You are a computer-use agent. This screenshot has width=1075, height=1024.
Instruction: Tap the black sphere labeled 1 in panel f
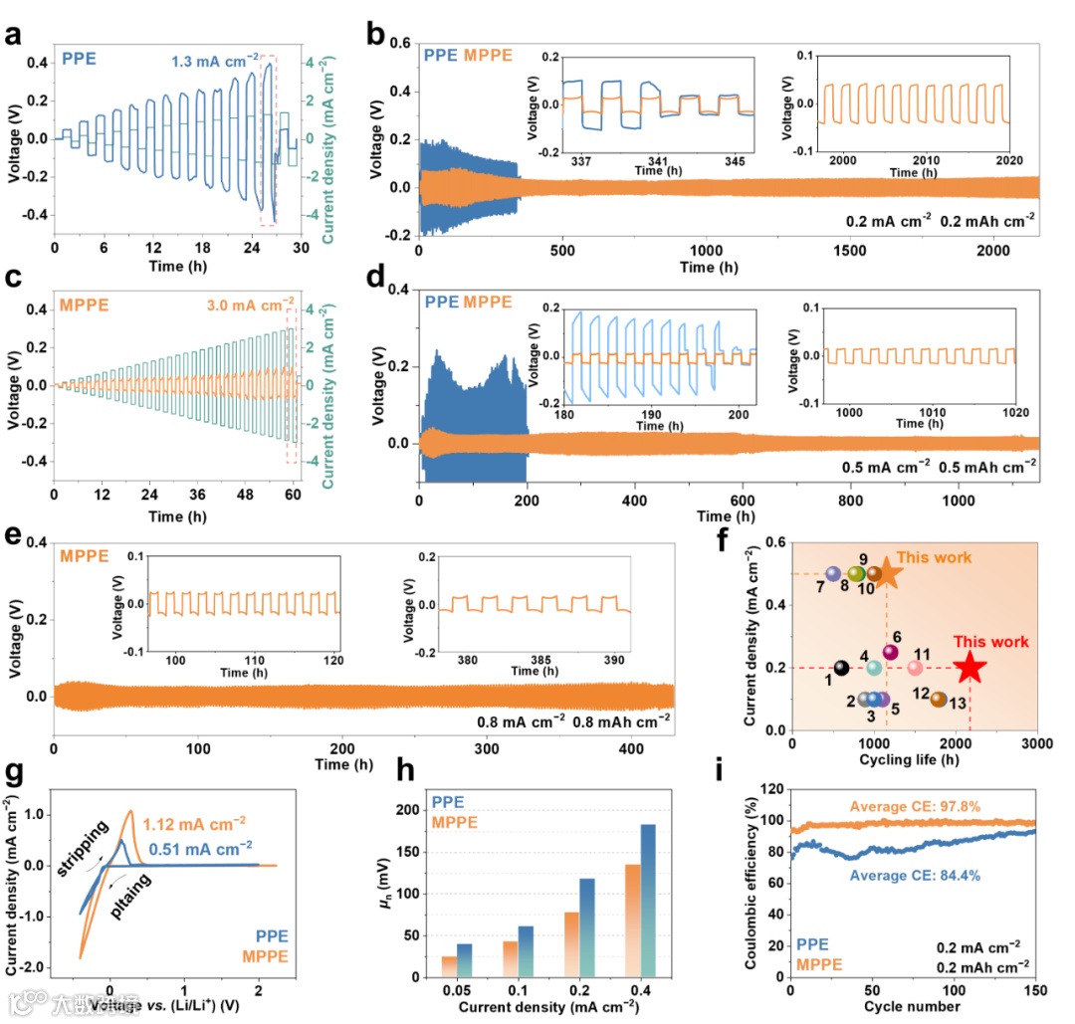(x=841, y=668)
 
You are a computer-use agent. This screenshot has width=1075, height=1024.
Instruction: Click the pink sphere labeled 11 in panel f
(x=916, y=668)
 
